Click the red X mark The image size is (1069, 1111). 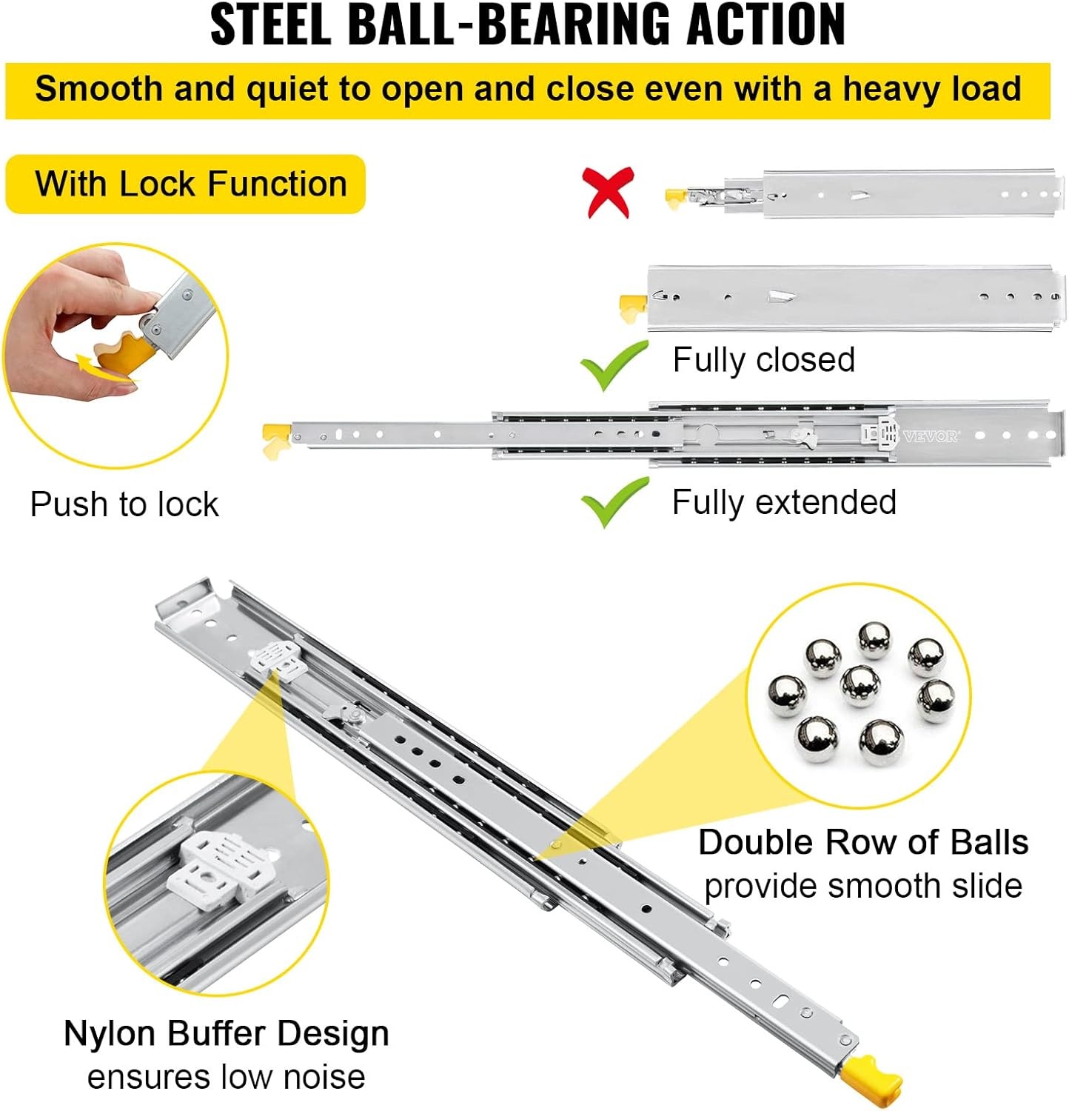point(609,192)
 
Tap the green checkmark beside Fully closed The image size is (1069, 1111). point(614,364)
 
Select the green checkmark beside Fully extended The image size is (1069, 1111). point(614,502)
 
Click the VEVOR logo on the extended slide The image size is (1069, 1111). point(931,436)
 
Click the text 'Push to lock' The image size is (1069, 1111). point(124,504)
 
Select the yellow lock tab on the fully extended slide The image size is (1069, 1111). point(276,440)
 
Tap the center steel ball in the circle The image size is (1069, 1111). point(860,686)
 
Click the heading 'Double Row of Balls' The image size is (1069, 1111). point(863,842)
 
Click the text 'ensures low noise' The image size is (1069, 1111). point(227,1077)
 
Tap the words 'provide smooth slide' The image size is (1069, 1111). point(863,886)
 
